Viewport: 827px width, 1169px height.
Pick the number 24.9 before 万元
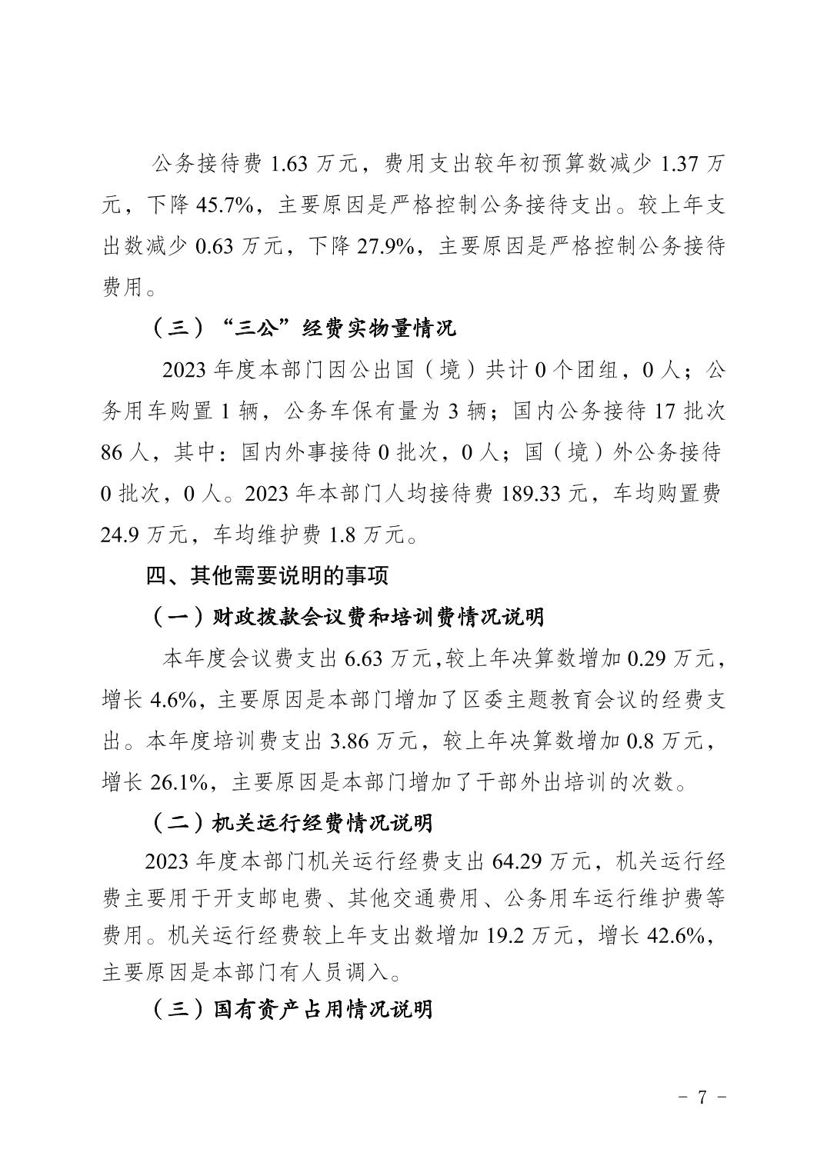point(120,535)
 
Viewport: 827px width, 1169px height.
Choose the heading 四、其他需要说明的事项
point(268,575)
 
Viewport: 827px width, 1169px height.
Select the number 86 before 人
point(112,452)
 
